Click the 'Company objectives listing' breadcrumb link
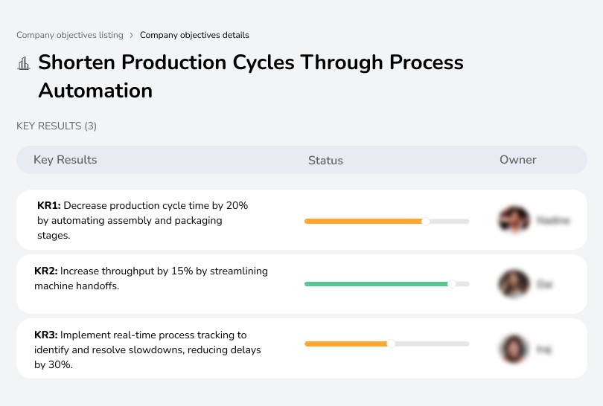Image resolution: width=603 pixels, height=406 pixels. coord(70,35)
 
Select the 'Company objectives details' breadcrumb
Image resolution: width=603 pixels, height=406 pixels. coord(194,35)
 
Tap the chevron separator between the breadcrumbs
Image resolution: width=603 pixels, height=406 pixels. coord(132,35)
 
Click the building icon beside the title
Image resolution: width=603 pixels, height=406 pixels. coord(24,63)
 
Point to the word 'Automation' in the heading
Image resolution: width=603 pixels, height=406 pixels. coord(95,91)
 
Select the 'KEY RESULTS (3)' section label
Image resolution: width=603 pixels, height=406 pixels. coord(57,126)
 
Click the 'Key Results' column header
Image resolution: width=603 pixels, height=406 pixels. coord(66,160)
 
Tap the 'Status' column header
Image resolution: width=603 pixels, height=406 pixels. coord(325,160)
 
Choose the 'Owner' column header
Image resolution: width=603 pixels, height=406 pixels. coord(518,160)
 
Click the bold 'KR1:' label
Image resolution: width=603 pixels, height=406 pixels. coord(48,205)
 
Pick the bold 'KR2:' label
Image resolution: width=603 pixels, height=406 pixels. coord(46,271)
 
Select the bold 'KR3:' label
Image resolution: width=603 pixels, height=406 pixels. coord(46,335)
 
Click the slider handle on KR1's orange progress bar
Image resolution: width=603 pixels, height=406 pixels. coord(426,221)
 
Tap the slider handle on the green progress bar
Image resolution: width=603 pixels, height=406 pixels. coord(451,284)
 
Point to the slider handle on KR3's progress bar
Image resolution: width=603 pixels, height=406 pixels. coord(391,344)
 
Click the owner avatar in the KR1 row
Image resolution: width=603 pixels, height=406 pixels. coord(514,220)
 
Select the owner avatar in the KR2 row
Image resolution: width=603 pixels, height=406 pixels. coord(514,284)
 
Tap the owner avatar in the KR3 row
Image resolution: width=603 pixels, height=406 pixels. coord(514,348)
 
